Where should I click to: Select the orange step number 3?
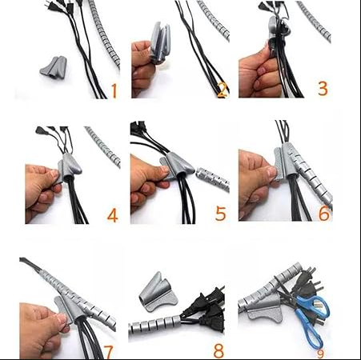point(323,88)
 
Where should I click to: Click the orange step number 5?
point(220,214)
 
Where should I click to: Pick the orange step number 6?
point(324,214)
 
